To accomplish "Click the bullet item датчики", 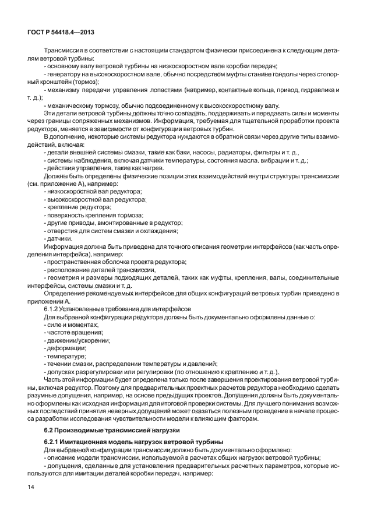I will click(59, 238).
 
